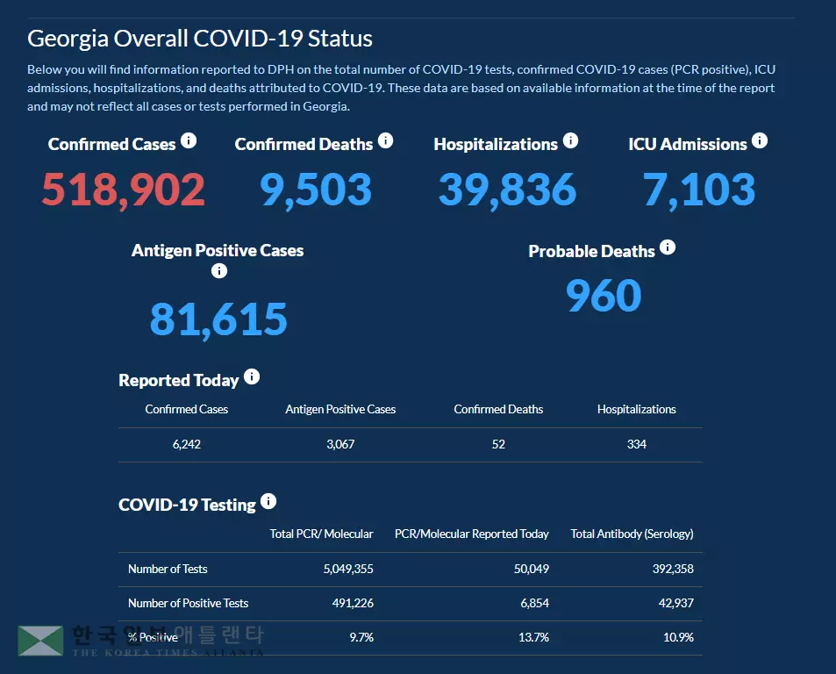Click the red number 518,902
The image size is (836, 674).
click(124, 190)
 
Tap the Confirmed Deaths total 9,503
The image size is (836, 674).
click(316, 190)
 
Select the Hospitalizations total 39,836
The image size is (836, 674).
click(507, 190)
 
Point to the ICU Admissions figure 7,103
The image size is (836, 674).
click(699, 190)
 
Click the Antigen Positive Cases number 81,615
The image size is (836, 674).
click(218, 319)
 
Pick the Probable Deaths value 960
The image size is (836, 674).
click(604, 296)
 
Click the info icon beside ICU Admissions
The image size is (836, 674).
click(760, 140)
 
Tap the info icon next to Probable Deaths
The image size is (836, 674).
click(668, 247)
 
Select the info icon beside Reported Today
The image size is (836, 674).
click(252, 376)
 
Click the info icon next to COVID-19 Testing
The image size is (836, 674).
click(268, 501)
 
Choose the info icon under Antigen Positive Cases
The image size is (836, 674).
click(219, 271)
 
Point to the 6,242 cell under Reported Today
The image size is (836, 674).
click(187, 444)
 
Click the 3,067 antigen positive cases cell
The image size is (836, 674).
click(340, 444)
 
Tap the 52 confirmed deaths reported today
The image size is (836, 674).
click(498, 444)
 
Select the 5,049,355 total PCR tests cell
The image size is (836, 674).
click(348, 569)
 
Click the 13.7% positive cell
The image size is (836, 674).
click(533, 637)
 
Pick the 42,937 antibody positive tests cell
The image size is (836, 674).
click(675, 603)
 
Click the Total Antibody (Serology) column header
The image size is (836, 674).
click(632, 534)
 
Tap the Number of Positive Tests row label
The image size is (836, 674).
click(188, 603)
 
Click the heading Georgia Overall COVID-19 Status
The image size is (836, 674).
click(200, 39)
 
